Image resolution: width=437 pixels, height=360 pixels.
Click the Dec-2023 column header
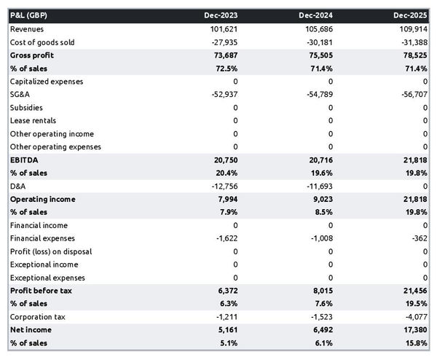[x=223, y=15]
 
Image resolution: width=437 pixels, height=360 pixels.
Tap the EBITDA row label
[x=24, y=160]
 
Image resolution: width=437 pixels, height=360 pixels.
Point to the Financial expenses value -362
[x=418, y=238]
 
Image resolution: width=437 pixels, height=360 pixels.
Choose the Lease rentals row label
[x=33, y=121]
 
